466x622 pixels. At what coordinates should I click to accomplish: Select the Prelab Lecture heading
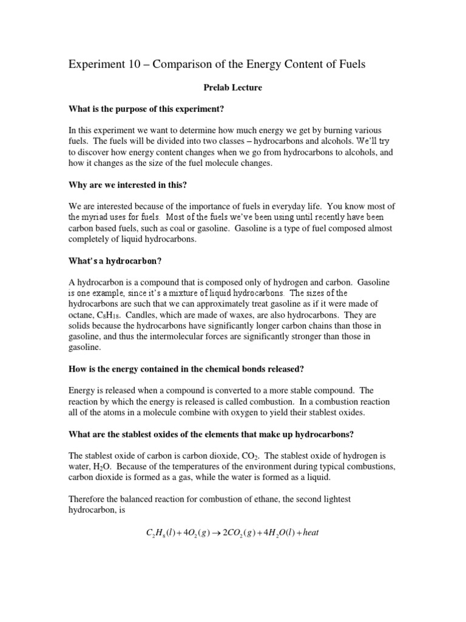pyautogui.click(x=232, y=87)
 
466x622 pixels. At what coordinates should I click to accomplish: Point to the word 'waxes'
pyautogui.click(x=262, y=316)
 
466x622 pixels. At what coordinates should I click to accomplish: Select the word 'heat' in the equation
pyautogui.click(x=309, y=533)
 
